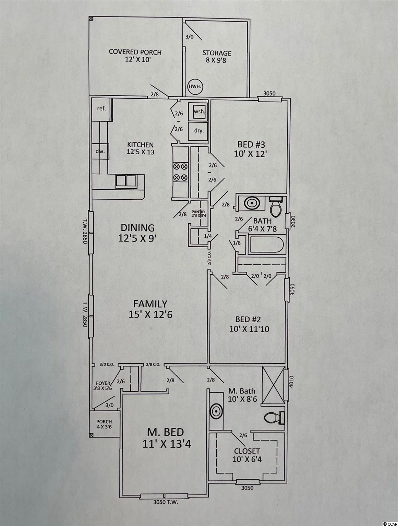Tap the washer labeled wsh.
coord(198,111)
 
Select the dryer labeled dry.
coord(198,131)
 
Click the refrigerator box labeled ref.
coord(102,109)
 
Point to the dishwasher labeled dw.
coord(100,151)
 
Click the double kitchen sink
coord(126,181)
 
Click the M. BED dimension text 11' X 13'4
coord(167,444)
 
